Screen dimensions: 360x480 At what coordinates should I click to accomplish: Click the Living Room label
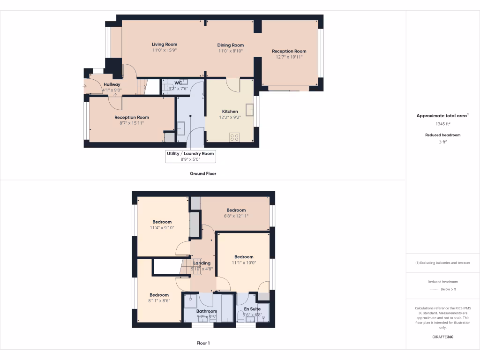164,45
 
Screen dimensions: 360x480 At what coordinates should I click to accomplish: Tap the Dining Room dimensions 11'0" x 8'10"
230,51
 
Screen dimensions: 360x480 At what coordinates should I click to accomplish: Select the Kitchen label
230,112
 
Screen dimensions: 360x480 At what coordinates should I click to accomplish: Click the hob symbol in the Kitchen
234,137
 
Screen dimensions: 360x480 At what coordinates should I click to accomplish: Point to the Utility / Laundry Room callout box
190,156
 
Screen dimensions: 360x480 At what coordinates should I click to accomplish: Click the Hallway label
112,84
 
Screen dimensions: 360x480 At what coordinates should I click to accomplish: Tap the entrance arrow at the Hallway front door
85,86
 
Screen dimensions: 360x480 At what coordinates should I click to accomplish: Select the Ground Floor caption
202,173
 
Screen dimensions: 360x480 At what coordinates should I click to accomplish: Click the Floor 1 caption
203,343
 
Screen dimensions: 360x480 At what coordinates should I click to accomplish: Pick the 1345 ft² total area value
442,124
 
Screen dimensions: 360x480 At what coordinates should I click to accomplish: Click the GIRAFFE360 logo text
442,337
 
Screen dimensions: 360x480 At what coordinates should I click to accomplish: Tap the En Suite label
252,309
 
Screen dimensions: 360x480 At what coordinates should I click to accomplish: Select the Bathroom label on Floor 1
207,311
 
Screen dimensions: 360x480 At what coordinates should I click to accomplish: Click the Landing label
202,263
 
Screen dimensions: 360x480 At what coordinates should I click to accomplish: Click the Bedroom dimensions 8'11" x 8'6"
159,301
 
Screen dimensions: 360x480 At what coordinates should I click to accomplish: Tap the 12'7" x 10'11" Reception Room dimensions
289,57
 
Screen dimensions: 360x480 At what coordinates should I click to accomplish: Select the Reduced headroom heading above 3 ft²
442,135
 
